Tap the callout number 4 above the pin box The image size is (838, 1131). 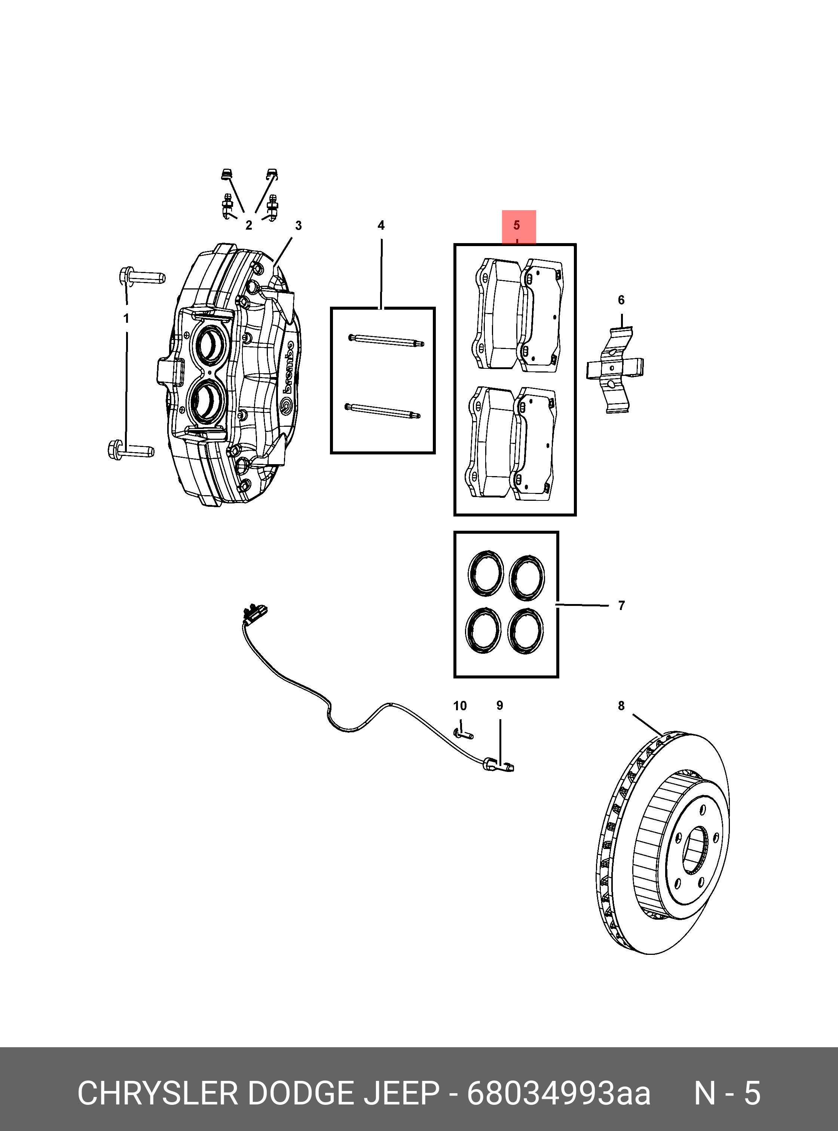point(381,225)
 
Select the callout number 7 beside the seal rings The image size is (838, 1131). point(621,605)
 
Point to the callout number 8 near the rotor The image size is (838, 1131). point(621,705)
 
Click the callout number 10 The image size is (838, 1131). point(459,705)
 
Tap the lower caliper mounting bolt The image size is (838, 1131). point(131,449)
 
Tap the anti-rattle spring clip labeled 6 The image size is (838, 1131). point(615,369)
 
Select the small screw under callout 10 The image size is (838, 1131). point(463,733)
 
